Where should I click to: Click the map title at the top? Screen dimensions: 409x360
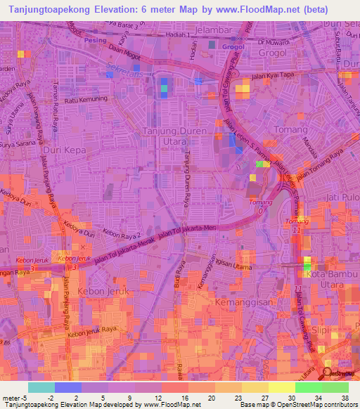tap(179, 10)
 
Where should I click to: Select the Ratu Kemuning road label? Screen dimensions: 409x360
tap(86, 99)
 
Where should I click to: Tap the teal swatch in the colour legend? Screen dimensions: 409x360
tap(41, 387)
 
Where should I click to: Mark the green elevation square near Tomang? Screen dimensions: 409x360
tap(261, 163)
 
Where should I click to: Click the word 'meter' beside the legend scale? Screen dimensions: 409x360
tap(11, 397)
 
